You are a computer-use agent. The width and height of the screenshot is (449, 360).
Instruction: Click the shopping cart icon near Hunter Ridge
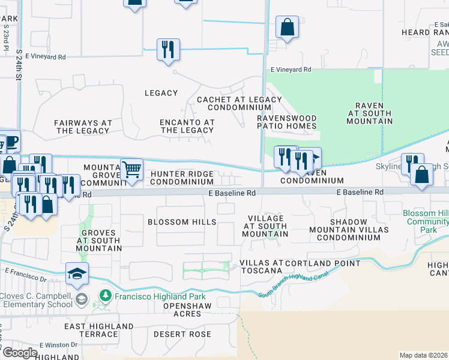[131, 169]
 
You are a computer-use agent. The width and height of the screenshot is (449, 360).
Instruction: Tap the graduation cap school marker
[77, 274]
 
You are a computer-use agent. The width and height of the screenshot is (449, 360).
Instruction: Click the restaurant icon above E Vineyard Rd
[168, 49]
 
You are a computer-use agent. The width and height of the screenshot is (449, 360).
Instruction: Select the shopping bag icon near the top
[287, 27]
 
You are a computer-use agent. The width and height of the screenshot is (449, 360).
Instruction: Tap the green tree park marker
[105, 296]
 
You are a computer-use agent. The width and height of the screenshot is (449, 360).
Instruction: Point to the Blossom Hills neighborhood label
[182, 222]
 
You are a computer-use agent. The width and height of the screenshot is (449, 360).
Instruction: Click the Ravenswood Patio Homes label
[287, 122]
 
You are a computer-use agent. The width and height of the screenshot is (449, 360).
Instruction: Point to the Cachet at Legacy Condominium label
[239, 104]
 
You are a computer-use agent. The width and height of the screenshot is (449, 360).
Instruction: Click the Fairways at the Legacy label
[83, 127]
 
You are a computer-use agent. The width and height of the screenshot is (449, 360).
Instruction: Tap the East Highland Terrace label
[98, 330]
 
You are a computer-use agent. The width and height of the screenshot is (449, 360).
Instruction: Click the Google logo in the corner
[20, 352]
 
